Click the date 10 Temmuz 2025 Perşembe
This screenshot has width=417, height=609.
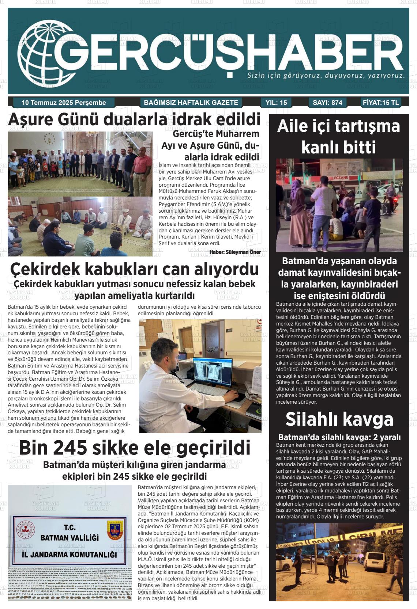(64, 103)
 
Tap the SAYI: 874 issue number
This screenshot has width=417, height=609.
(327, 103)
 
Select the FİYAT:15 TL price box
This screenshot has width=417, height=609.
(381, 103)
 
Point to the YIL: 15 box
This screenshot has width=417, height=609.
(276, 103)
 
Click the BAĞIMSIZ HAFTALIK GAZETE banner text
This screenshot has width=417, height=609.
(191, 103)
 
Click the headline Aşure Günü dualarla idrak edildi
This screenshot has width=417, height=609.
(134, 120)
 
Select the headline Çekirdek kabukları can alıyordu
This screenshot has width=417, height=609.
(134, 269)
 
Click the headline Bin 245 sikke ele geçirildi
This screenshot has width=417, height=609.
(134, 448)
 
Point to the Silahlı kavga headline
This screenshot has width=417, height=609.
(339, 419)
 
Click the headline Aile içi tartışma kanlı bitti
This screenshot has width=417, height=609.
(339, 137)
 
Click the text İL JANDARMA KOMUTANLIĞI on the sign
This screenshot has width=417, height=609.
(69, 555)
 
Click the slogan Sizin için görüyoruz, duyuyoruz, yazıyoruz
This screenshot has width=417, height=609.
(326, 76)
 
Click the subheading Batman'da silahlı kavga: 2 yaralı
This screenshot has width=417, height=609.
(339, 437)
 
